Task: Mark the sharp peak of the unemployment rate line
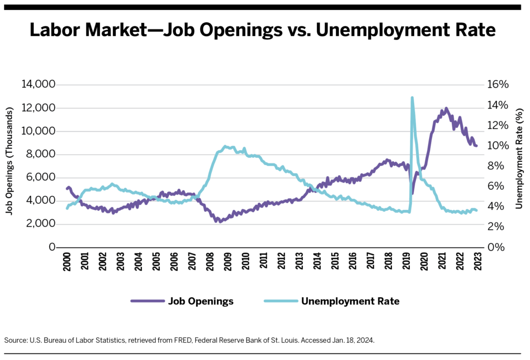pyautogui.click(x=412, y=97)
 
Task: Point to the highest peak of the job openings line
pyautogui.click(x=446, y=109)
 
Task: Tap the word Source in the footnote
pyautogui.click(x=16, y=340)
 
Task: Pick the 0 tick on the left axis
pyautogui.click(x=51, y=247)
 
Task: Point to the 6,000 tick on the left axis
pyautogui.click(x=40, y=177)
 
